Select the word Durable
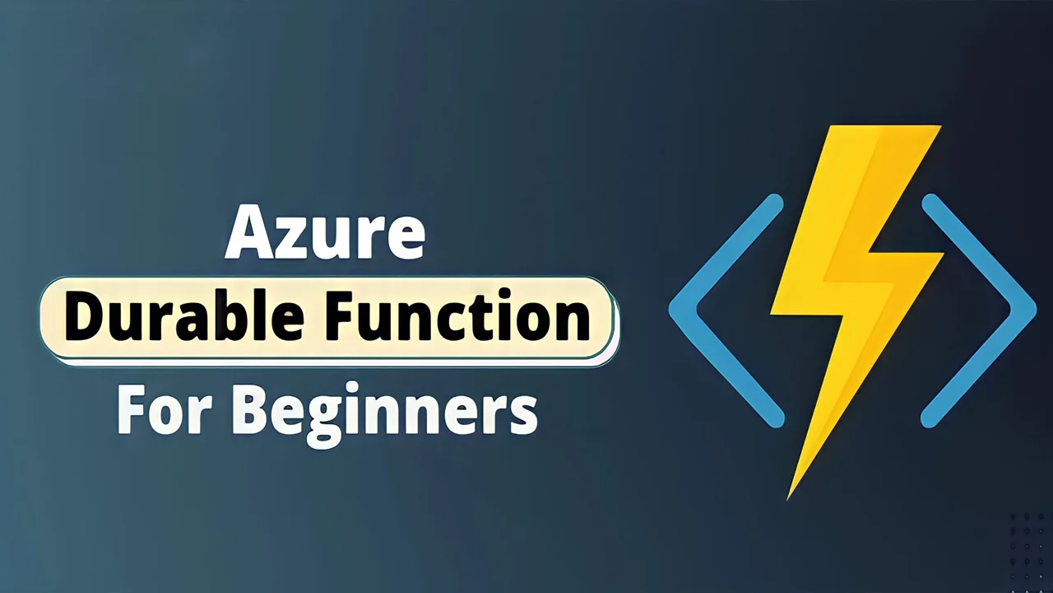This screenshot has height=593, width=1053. [185, 320]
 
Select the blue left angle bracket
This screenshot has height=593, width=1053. [724, 311]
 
